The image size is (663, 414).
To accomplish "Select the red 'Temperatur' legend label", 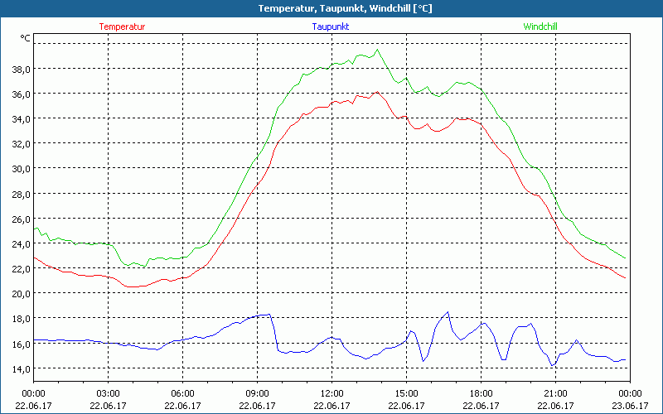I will point(122,26).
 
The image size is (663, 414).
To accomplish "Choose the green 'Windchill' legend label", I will point(540,26).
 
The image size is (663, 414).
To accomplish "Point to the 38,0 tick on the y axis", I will point(20,69).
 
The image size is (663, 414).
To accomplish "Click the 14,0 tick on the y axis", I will point(20,368).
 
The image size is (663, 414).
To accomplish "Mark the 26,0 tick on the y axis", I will point(20,219).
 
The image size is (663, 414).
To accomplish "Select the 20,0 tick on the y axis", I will point(20,294).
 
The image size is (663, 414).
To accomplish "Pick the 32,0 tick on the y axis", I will point(20,144).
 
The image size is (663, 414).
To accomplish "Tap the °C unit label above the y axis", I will point(26,38).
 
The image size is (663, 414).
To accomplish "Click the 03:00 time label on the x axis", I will point(109,393).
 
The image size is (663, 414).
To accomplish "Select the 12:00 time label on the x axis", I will point(331,393).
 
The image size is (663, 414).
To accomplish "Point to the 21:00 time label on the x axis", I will point(555,393).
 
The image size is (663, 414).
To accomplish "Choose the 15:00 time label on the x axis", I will point(406,393).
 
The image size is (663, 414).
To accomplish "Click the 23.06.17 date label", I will point(630,406).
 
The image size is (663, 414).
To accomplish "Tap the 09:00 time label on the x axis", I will point(257,393).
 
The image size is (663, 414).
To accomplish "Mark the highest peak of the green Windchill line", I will point(378,50).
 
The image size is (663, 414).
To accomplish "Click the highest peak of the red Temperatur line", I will point(377,92).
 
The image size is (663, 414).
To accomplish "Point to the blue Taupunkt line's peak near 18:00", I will point(448,312).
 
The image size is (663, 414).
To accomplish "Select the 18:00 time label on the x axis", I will point(481,393).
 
